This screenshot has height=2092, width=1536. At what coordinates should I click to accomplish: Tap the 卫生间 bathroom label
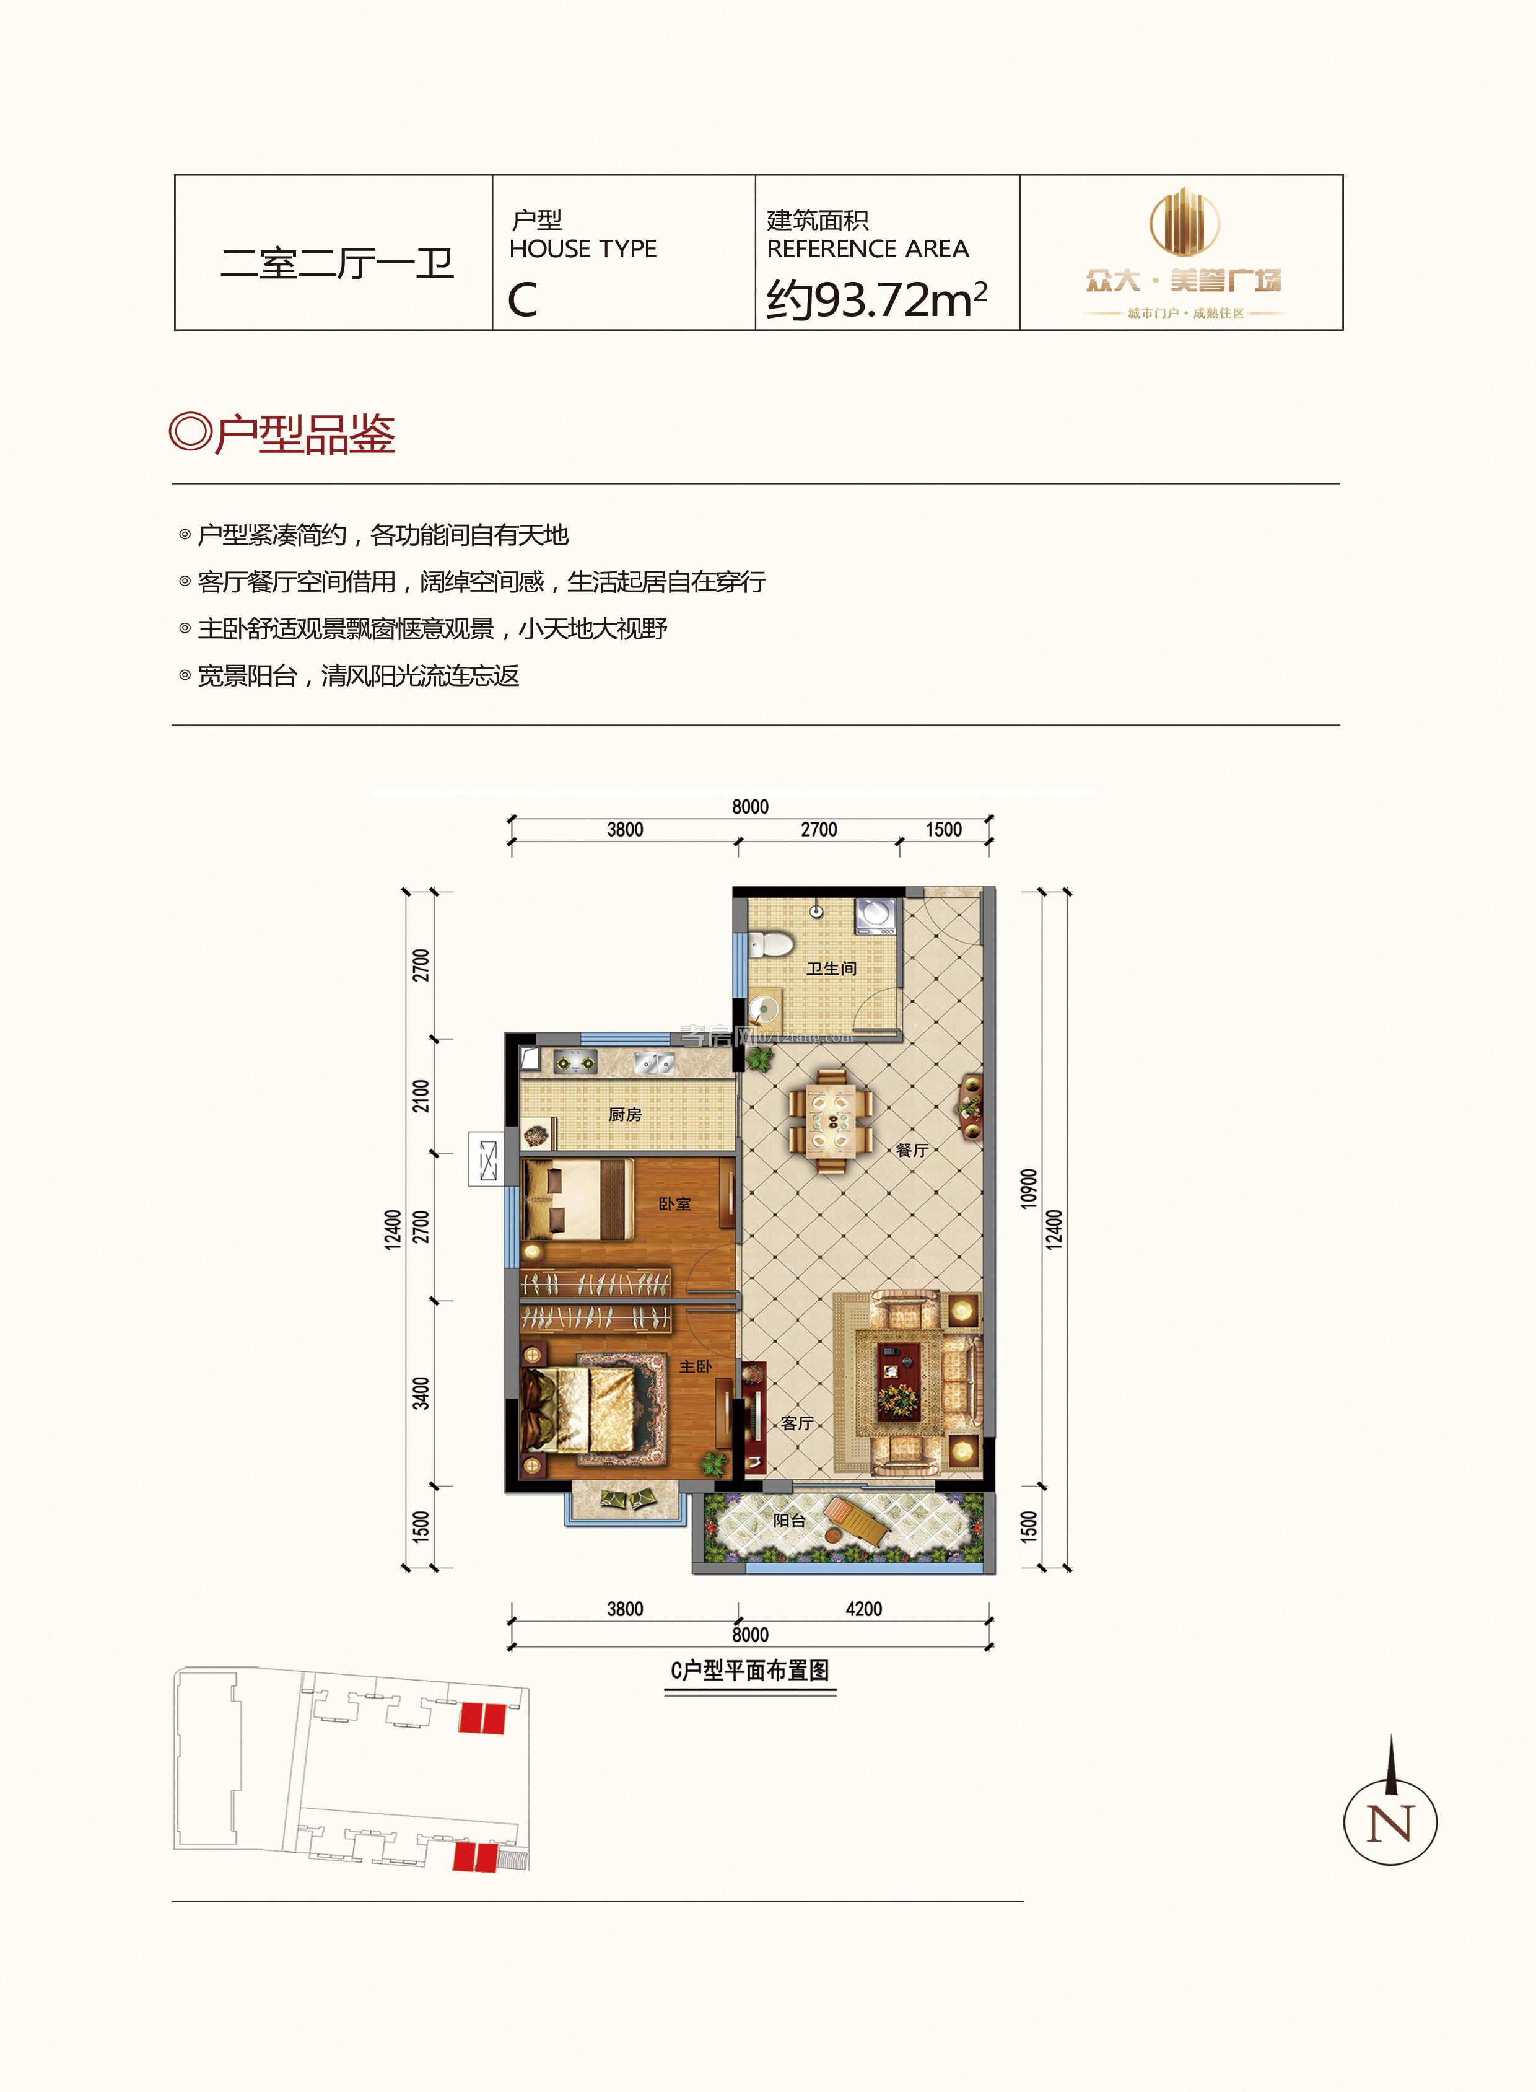831,969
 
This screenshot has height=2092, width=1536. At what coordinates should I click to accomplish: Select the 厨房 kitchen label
625,1114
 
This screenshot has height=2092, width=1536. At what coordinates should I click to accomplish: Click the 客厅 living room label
797,1423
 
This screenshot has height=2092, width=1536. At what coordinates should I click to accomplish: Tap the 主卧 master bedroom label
696,1366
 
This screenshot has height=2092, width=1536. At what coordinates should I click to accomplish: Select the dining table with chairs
831,1120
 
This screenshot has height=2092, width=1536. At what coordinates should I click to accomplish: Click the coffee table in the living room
899,1381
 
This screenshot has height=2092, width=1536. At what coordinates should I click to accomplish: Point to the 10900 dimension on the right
1028,1189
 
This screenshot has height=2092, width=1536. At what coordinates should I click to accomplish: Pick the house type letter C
523,299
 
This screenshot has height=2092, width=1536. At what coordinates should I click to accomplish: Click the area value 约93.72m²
876,299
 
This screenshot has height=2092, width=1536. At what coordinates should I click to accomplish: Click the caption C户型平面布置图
749,1669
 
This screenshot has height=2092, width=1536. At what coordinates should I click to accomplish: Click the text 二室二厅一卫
336,263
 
